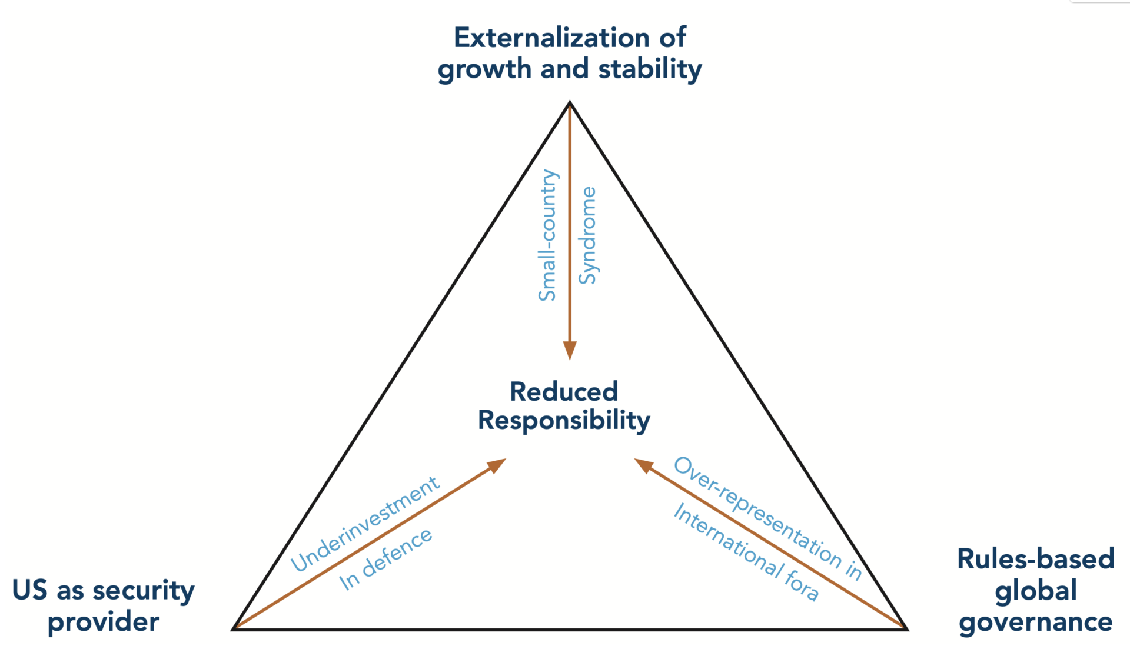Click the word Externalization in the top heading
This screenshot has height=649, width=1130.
551,38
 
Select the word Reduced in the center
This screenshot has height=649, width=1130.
563,391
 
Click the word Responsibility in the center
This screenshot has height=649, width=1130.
563,421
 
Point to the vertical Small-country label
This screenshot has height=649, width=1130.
548,235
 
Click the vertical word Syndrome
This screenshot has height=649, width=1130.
587,235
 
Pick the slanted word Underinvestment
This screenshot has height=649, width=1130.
365,524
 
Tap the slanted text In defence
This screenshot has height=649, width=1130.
385,559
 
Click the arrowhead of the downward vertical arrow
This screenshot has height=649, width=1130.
570,350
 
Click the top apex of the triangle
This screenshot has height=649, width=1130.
570,103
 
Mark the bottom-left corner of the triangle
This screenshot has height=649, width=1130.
234,629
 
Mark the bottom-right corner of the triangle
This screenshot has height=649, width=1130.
907,629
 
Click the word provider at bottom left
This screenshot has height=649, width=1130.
104,623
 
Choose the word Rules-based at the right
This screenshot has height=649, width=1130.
1036,559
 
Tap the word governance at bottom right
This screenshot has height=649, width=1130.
1036,623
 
